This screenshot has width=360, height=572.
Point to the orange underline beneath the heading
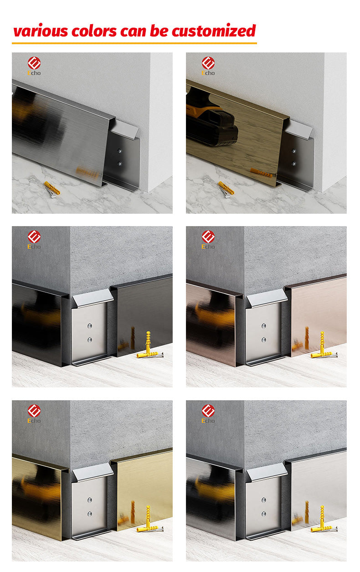134,43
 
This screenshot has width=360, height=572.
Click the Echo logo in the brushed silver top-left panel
34,66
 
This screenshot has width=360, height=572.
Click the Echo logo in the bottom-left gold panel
34,413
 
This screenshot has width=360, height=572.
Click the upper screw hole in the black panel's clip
89,326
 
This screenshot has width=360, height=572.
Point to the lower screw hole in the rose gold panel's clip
263,340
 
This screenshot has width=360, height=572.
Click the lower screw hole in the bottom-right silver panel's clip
263,514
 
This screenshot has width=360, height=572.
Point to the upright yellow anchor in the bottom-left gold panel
148,515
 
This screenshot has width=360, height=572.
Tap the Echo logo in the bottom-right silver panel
208,413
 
